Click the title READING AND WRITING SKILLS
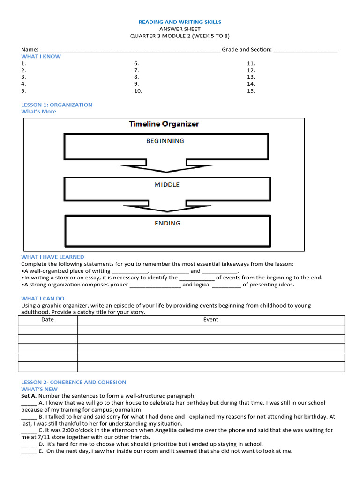click(180, 22)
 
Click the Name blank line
click(130, 50)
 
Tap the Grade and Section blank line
click(305, 50)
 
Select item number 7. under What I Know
click(136, 70)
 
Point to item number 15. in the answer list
click(251, 91)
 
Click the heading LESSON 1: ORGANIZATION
click(57, 105)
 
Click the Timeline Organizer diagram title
click(164, 124)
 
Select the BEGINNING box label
click(165, 141)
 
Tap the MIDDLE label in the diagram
click(167, 185)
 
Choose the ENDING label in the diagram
click(167, 223)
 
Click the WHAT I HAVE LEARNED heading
click(52, 257)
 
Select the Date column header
click(47, 320)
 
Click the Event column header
click(210, 320)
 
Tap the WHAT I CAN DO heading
click(43, 298)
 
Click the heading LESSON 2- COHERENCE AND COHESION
click(74, 382)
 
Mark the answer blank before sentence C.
click(29, 430)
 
